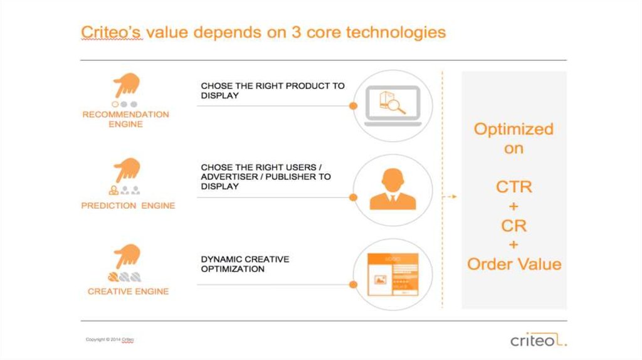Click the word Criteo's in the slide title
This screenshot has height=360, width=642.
pos(112,32)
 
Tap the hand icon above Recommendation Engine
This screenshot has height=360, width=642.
pos(127,85)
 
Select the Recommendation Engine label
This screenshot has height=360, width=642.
pos(125,119)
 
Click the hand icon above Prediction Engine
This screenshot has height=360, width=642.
pos(127,170)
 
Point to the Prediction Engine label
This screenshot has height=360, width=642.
pos(128,206)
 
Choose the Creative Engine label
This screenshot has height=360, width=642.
pos(128,292)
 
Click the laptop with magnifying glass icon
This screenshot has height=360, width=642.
pos(393,105)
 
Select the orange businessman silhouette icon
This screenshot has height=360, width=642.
pos(392,189)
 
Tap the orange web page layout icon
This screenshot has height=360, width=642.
pos(393,275)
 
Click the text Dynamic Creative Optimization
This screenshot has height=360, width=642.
pos(245,264)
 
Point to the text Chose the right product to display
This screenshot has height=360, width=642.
pos(273,90)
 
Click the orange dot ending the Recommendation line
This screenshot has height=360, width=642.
pos(354,106)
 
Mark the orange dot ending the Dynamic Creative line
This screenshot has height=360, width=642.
pos(354,285)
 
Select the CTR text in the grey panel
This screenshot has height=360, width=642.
pos(514,187)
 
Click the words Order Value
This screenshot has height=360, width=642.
pos(514,264)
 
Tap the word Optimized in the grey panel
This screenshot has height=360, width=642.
pos(514,129)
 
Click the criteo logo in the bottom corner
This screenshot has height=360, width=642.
pos(539,339)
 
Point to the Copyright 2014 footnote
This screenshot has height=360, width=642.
pos(110,339)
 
